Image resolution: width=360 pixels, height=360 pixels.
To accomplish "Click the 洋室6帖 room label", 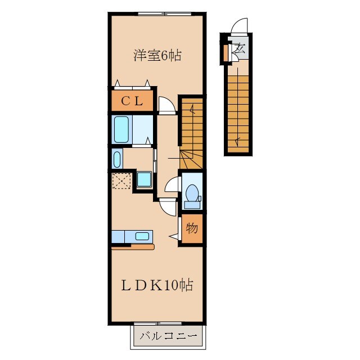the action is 157,56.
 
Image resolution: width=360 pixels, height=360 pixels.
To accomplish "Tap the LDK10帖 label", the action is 157,285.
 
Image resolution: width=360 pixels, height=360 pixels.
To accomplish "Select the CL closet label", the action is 132,101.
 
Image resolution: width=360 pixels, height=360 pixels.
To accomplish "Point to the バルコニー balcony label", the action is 169,336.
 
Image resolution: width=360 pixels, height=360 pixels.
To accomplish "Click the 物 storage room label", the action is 192,228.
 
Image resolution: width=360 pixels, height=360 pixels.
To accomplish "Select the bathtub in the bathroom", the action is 121,129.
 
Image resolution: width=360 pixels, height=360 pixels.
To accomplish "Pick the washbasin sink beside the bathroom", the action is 117,159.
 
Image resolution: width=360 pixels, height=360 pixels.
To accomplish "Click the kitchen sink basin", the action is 142,236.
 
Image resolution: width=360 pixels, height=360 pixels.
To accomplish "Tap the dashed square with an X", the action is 121,181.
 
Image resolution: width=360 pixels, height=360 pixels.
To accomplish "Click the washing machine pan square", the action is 144,180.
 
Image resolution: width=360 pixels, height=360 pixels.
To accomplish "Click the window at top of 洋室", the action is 164,13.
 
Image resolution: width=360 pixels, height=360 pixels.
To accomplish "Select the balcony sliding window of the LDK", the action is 157,324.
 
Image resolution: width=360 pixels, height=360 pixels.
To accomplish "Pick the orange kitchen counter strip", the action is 133,247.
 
